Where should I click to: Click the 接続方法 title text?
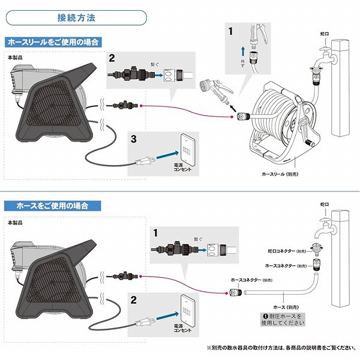click(76, 17)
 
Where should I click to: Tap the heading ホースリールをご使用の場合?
click(53, 42)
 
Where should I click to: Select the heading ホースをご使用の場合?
click(52, 206)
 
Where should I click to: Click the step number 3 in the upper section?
click(134, 139)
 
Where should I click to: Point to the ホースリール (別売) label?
click(280, 174)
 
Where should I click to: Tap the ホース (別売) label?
click(286, 307)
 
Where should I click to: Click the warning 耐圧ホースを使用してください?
click(283, 320)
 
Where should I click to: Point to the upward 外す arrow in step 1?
click(243, 52)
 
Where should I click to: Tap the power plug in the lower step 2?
click(145, 322)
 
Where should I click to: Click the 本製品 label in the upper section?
click(15, 58)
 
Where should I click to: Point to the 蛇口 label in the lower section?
click(325, 204)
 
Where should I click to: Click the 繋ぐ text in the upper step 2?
click(155, 65)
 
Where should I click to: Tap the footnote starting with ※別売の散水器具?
click(281, 348)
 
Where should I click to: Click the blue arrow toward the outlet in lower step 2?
click(167, 317)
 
